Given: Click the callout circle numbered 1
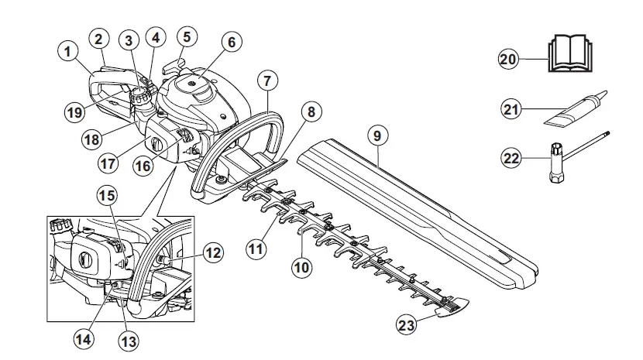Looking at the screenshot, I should coord(70,52).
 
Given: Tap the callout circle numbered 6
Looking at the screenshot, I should coord(230,43).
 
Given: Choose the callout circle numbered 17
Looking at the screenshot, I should coord(108,164).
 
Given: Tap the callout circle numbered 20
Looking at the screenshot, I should coord(508,60).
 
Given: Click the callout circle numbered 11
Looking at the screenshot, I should coord(256,249).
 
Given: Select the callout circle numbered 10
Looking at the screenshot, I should coord(301,267).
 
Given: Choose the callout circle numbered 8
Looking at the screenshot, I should coord(310,112).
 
